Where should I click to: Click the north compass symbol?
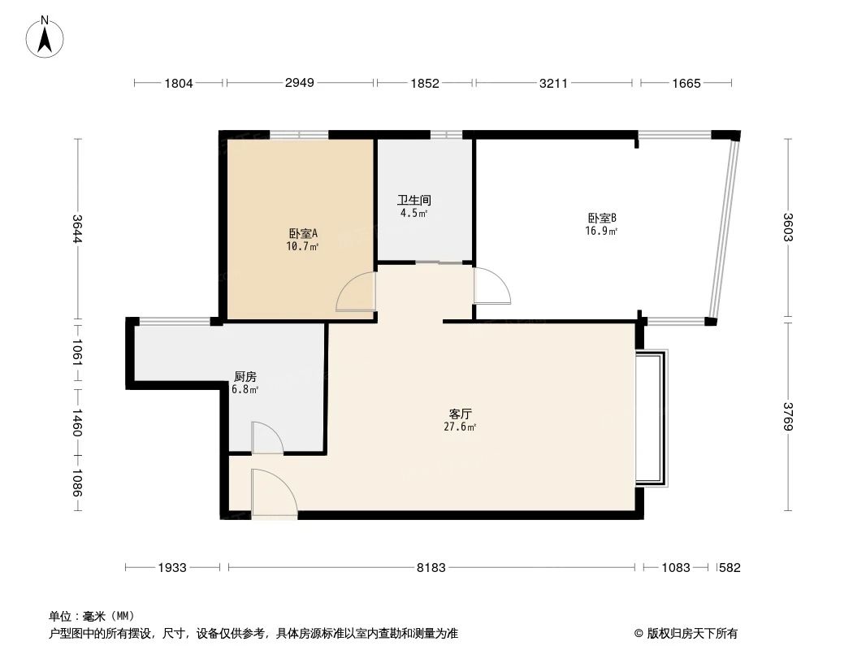pos(45,36)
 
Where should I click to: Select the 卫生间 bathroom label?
pos(414,200)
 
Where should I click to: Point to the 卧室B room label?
pos(602,218)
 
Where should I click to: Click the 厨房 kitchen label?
pos(245,377)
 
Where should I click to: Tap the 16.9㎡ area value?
pos(602,231)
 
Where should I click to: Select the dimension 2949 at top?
pos(300,83)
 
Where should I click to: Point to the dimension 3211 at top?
pos(556,83)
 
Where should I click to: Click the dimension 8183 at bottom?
pos(431,568)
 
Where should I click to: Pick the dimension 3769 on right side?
pos(787,417)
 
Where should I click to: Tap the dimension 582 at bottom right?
pos(729,568)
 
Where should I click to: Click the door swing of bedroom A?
pos(355,292)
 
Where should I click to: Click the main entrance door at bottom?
pos(272,492)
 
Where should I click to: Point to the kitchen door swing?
pos(266,438)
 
